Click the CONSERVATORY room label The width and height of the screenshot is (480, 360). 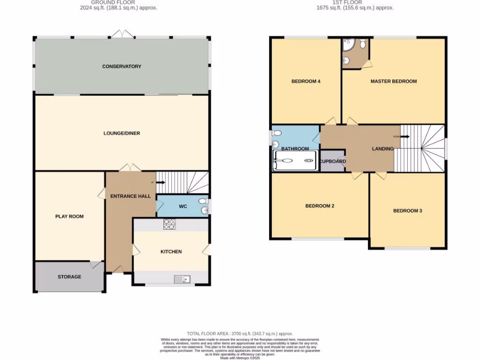tap(122, 67)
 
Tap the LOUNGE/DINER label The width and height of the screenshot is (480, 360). tap(122, 134)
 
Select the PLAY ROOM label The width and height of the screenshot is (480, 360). tap(69, 217)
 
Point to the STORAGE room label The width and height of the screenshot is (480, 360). tap(69, 277)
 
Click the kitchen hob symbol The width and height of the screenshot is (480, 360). tap(169, 225)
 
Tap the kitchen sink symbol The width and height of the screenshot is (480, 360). tap(182, 279)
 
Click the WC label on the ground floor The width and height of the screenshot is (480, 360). tap(183, 206)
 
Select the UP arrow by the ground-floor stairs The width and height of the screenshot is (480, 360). tap(159, 182)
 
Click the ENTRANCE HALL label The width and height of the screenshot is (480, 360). tap(130, 196)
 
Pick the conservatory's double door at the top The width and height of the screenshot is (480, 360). tap(122, 34)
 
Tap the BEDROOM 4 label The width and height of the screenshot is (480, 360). tap(306, 82)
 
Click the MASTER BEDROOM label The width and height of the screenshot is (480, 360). tap(394, 82)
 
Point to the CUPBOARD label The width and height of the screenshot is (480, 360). tap(333, 162)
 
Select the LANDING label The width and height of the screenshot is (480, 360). tap(383, 149)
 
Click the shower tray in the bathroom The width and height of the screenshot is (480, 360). tap(296, 161)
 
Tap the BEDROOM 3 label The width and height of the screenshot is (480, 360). tap(407, 211)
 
